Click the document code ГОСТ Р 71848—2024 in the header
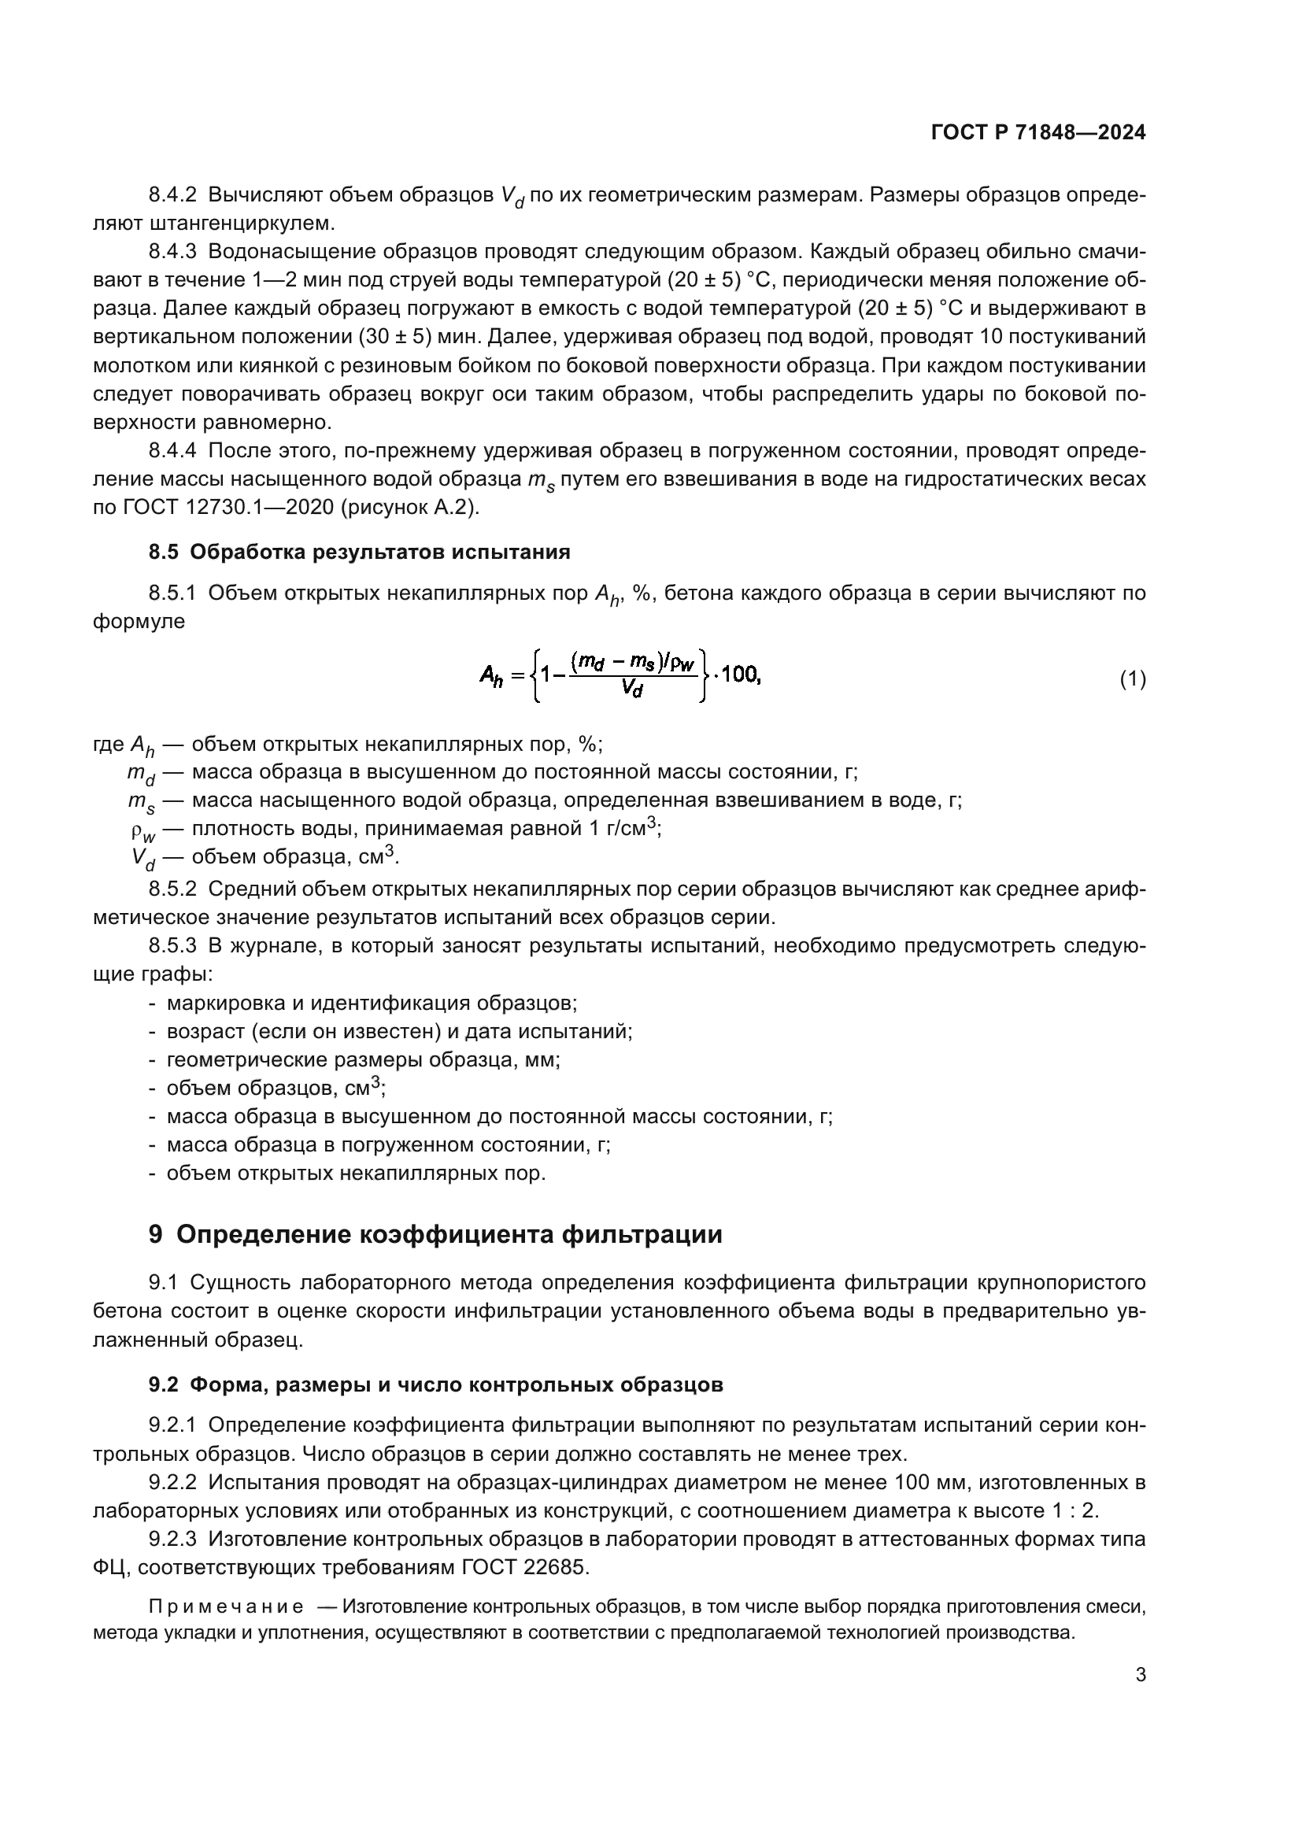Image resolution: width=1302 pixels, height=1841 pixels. pyautogui.click(x=1038, y=133)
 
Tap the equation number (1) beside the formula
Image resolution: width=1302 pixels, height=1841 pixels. pyautogui.click(x=1132, y=680)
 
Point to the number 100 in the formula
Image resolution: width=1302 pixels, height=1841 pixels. pyautogui.click(x=740, y=675)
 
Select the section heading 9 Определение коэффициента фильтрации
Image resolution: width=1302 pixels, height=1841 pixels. pyautogui.click(x=435, y=1234)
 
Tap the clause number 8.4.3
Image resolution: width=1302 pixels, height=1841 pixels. pyautogui.click(x=172, y=252)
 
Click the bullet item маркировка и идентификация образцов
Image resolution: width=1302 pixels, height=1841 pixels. pyautogui.click(x=372, y=1003)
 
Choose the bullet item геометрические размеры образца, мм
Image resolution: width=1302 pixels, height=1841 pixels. pyautogui.click(x=362, y=1060)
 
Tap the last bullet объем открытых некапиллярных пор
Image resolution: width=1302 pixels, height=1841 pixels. pyautogui.click(x=355, y=1173)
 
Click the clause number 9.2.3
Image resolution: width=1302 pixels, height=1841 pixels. pyautogui.click(x=172, y=1539)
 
